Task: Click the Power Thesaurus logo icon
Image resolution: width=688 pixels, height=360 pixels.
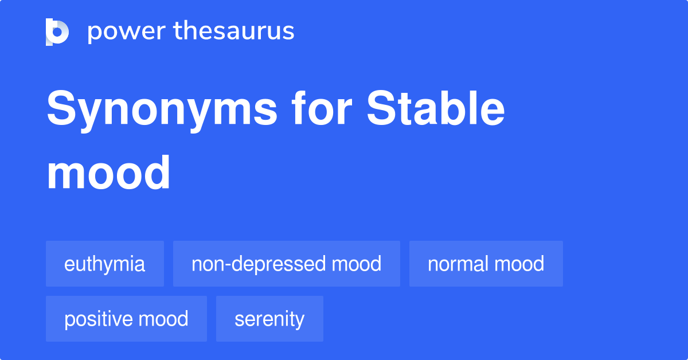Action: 57,32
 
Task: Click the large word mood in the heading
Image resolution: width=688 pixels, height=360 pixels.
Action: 108,173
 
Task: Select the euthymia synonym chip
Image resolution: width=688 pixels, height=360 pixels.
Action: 105,264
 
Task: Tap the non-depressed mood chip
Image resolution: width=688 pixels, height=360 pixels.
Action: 286,264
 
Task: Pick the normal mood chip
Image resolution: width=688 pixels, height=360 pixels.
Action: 486,264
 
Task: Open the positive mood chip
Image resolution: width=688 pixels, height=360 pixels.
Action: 126,319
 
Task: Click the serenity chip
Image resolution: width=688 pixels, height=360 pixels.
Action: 269,319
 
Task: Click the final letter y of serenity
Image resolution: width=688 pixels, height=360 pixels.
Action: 300,321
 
